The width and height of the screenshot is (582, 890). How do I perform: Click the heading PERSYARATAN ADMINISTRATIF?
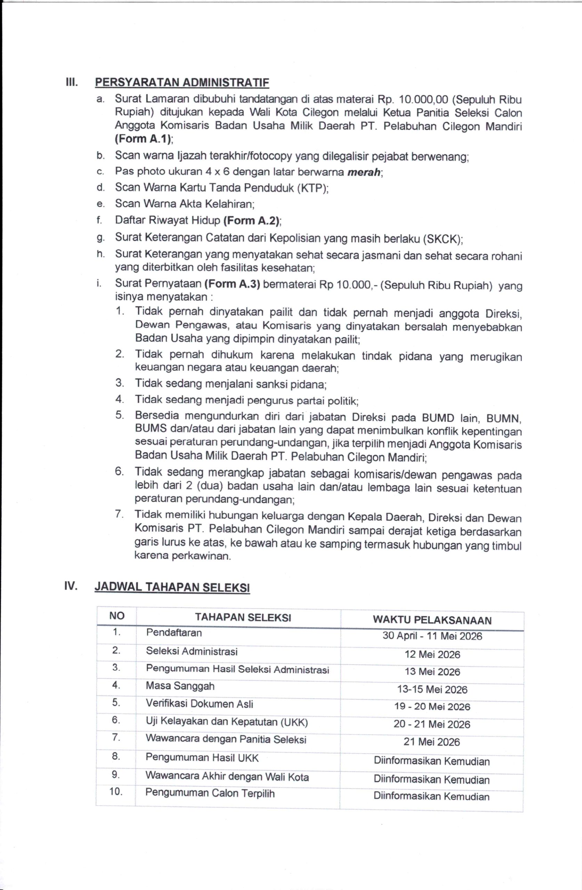click(x=182, y=82)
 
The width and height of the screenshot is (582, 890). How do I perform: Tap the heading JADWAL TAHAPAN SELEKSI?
click(x=172, y=587)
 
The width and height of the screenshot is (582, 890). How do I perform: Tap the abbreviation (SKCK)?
click(x=443, y=238)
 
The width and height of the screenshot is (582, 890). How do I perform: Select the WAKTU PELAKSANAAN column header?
click(x=432, y=620)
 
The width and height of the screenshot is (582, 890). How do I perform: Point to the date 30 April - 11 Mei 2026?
click(x=432, y=636)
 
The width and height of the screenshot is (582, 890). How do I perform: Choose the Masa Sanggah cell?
click(x=180, y=686)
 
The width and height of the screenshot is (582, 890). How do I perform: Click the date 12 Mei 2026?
click(x=432, y=654)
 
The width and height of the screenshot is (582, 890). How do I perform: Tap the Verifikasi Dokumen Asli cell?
click(x=199, y=704)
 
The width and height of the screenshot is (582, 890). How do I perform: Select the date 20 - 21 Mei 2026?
click(x=432, y=724)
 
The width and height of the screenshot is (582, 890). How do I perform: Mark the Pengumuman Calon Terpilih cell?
click(x=210, y=793)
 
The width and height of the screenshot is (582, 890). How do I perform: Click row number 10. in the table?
click(x=116, y=792)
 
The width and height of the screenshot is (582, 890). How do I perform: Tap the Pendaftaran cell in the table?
click(x=174, y=633)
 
